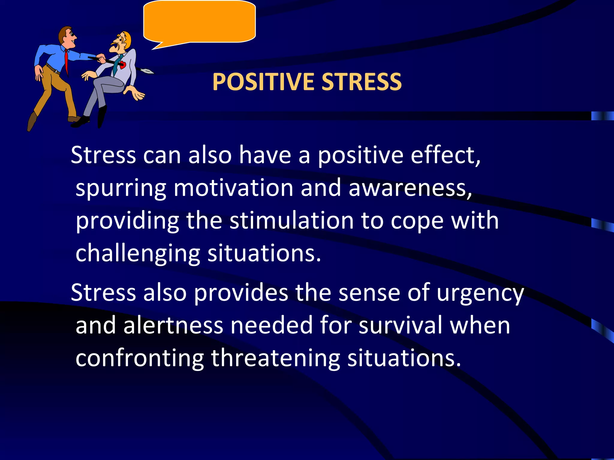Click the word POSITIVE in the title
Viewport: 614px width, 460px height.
pos(263,82)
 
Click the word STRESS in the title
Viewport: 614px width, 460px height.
pos(362,82)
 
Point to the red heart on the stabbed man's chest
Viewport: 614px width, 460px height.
pos(123,64)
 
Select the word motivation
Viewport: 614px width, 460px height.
pos(233,188)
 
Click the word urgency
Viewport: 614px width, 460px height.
pos(480,293)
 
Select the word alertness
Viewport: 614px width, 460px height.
pos(173,326)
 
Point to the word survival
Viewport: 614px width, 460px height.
pos(401,326)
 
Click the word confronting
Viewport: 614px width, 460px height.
pos(140,358)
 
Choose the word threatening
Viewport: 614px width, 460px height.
pos(276,358)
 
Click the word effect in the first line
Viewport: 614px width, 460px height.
pos(444,155)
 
